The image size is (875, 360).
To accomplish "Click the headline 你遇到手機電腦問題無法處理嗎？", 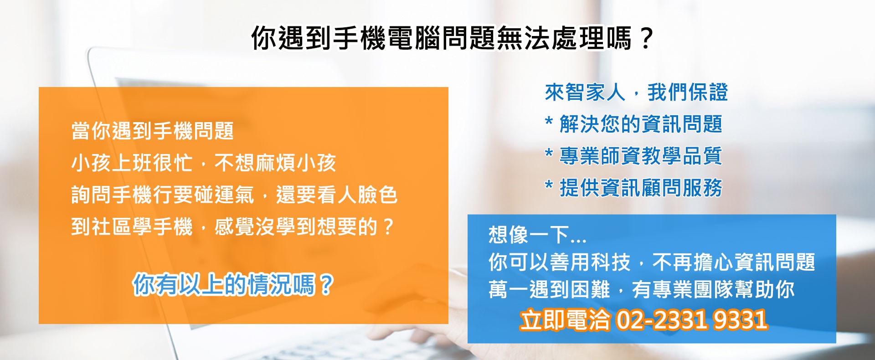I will pos(452,38).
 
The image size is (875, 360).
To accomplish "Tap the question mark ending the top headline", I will pos(646,38).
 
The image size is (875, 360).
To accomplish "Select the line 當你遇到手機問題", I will pos(153,131).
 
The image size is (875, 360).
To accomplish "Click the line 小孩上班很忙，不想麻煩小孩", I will pos(204,163).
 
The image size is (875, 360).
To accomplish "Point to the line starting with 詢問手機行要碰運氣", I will pos(234,195).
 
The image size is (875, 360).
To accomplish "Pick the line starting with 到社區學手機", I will pos(232,226).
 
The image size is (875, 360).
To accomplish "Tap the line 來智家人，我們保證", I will pos(636,93).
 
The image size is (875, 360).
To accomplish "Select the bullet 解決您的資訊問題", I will pos(641,124).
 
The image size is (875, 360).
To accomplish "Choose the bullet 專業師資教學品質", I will pos(641,156).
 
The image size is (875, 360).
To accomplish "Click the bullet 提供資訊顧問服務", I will pos(641,188).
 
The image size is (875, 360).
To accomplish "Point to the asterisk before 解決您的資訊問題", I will pos(549,122).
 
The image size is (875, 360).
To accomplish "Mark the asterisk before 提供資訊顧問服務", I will pos(549,185).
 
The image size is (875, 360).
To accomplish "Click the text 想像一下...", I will pos(529,235).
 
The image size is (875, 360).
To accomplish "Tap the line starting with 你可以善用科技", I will pos(652,262).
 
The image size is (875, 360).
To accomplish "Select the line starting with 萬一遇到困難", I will pos(641,289).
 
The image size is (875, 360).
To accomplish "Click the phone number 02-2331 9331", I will pos(692,320).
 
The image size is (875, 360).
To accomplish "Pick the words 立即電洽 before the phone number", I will pos(565,320).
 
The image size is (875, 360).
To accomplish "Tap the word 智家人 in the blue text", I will pos(595,93).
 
